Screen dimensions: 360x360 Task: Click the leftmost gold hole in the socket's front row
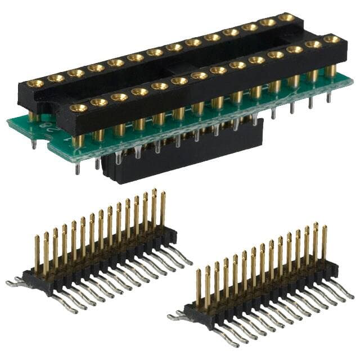79,107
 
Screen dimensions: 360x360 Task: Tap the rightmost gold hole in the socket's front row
332,39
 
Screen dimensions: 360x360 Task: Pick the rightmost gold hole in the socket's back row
287,17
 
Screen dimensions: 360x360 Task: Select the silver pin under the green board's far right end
329,97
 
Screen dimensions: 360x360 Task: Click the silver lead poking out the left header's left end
15,283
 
